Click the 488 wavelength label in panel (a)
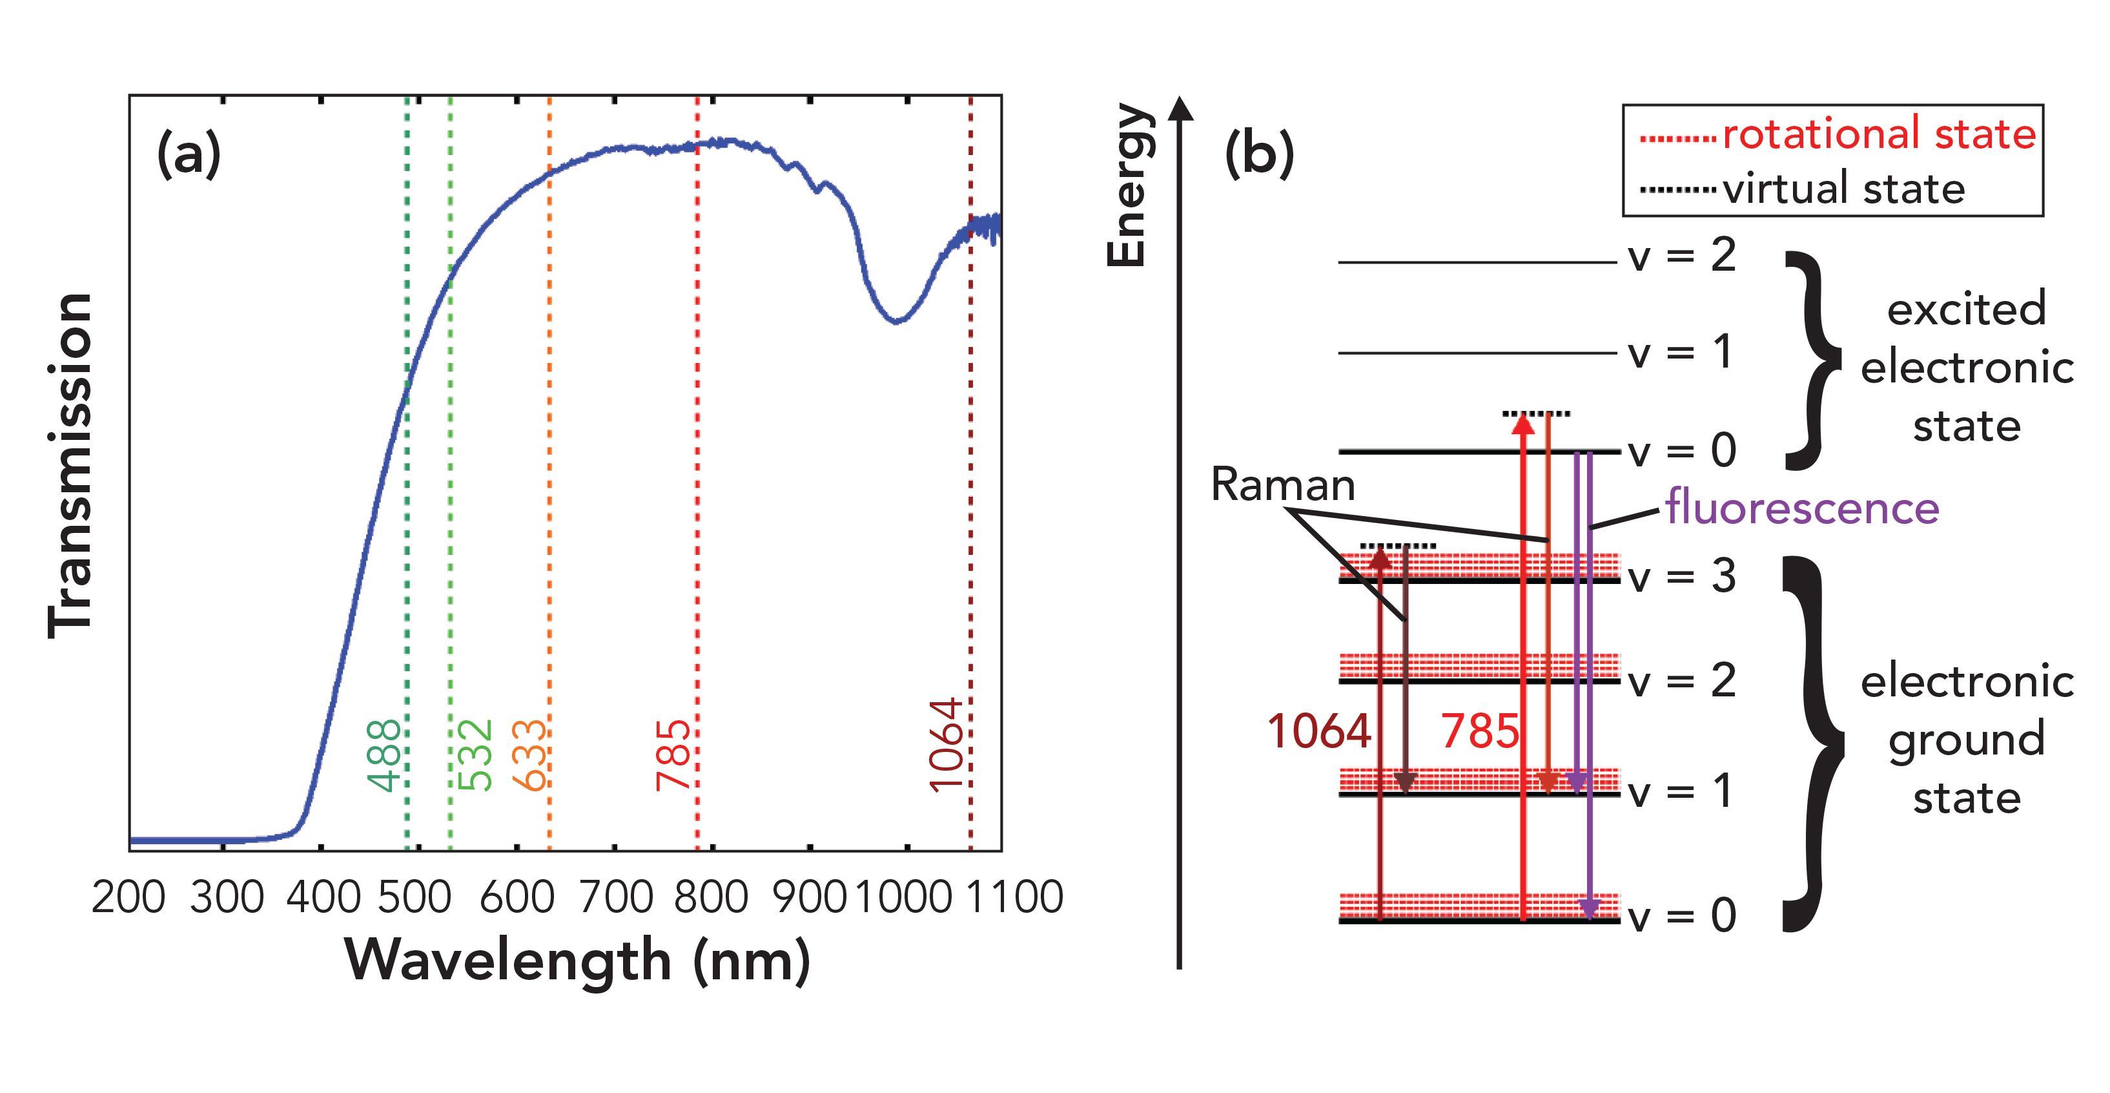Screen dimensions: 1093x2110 pyautogui.click(x=384, y=755)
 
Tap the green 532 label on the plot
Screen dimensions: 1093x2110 pyautogui.click(x=475, y=755)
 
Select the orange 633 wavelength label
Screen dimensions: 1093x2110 pyautogui.click(x=529, y=755)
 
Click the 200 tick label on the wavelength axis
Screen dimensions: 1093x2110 pyautogui.click(x=128, y=897)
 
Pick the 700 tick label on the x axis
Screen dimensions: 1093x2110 pyautogui.click(x=616, y=897)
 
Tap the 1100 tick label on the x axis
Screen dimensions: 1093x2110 pyautogui.click(x=1015, y=897)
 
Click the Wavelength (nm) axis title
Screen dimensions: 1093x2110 pyautogui.click(x=577, y=961)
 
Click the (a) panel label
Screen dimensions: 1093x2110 pyautogui.click(x=189, y=153)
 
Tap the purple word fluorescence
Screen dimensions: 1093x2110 pyautogui.click(x=1802, y=508)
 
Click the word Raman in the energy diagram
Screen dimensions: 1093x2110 pyautogui.click(x=1283, y=484)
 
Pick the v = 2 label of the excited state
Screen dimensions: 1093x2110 pyautogui.click(x=1682, y=256)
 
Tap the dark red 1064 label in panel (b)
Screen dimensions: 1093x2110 pyautogui.click(x=1318, y=731)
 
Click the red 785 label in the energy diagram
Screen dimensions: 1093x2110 pyautogui.click(x=1479, y=731)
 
